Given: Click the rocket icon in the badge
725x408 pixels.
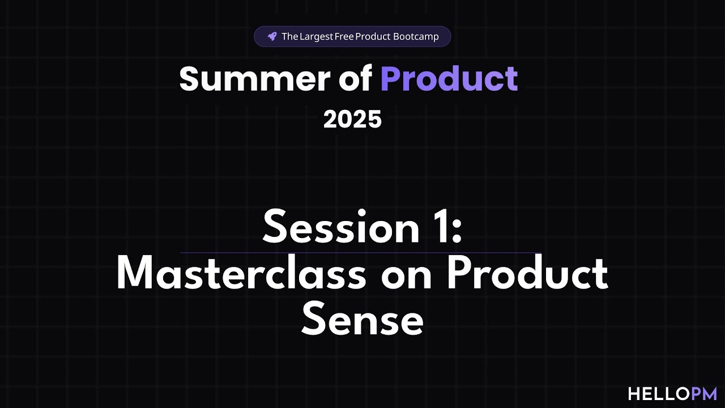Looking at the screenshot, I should [272, 36].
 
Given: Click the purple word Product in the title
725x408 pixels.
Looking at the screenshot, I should [449, 79].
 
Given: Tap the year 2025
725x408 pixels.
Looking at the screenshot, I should [352, 120].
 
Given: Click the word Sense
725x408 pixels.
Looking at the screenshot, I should [362, 320].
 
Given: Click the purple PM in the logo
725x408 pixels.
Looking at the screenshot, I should [705, 394].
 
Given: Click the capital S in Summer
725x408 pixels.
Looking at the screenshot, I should [191, 79].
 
